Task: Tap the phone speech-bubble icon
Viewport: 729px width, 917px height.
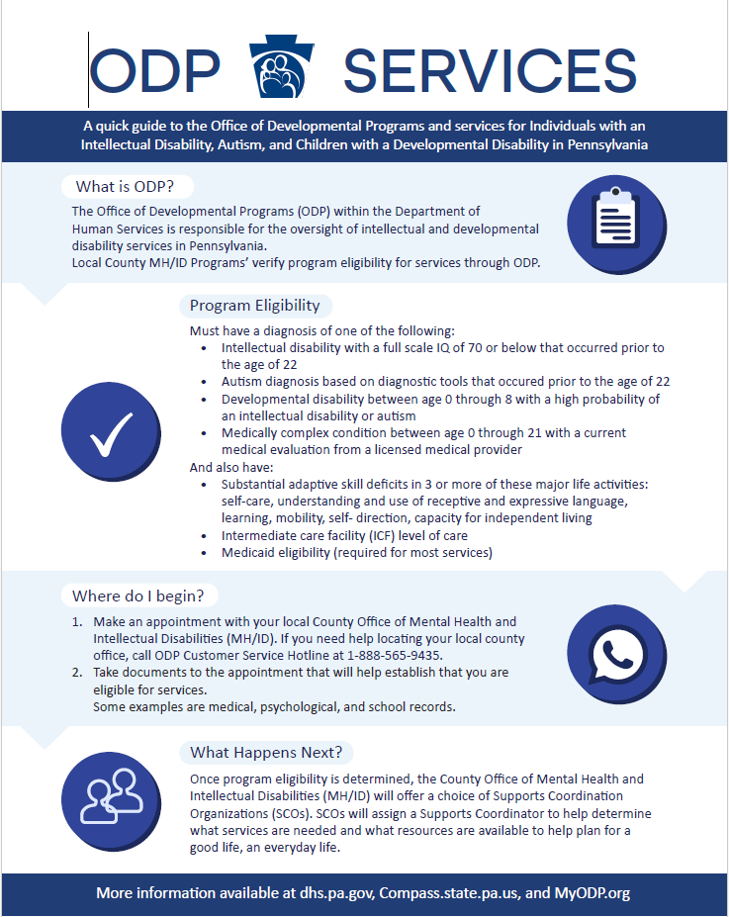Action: point(614,652)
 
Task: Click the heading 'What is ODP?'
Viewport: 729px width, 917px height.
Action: point(127,187)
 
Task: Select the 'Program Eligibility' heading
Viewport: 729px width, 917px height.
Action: point(255,306)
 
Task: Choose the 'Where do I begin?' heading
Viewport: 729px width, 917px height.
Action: point(138,596)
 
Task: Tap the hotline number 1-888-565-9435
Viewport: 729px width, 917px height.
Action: point(395,655)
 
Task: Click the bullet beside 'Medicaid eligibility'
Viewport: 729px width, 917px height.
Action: point(204,553)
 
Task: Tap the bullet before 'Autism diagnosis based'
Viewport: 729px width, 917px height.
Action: point(204,382)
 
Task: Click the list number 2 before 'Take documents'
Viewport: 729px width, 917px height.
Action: point(76,673)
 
